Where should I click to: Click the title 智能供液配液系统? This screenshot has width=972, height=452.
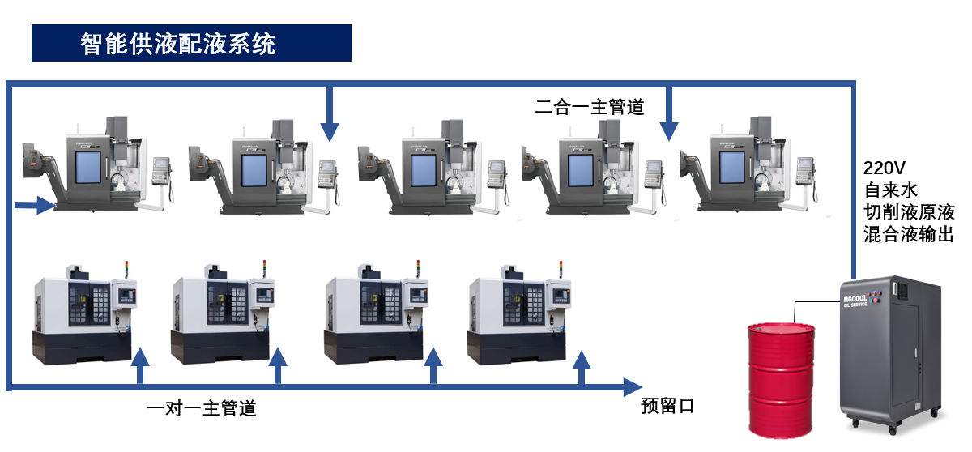point(179,44)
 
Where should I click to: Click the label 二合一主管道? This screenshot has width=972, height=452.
point(589,106)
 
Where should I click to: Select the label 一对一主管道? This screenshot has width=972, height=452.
point(202,408)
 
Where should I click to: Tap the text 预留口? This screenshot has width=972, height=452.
point(667,405)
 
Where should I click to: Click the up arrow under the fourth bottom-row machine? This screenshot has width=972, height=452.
point(581,361)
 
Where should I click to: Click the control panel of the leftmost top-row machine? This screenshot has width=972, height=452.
point(162,168)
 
